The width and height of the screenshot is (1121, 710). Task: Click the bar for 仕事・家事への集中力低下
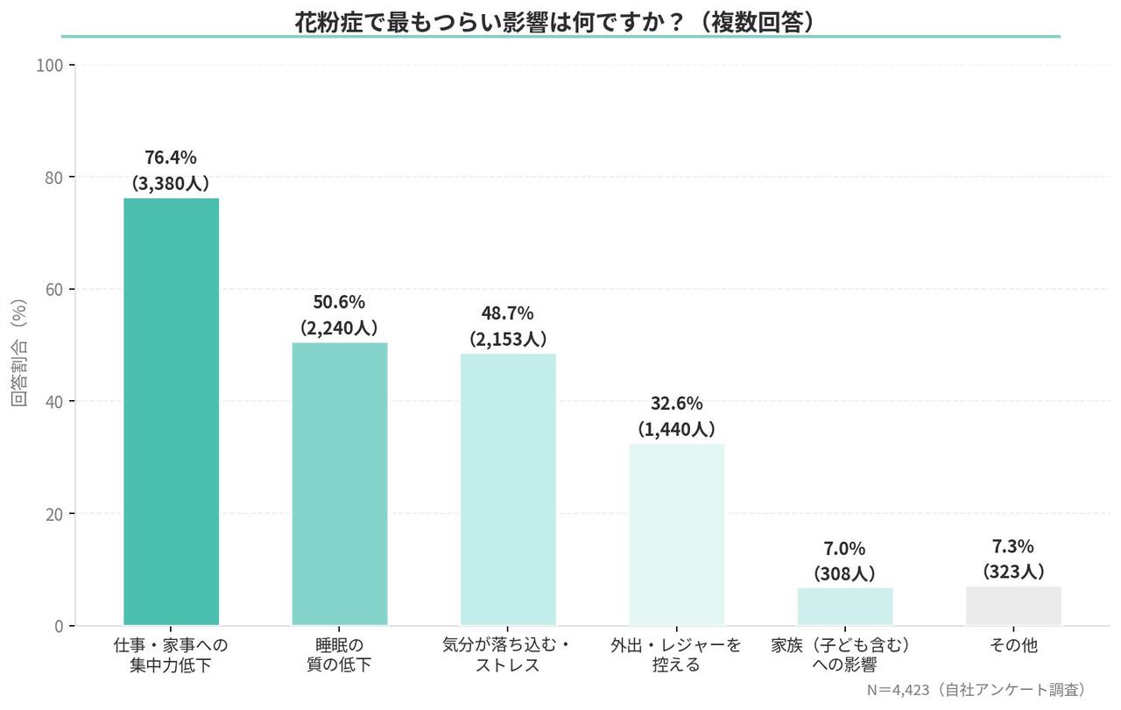(x=171, y=411)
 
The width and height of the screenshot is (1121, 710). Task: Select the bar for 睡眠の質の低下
(x=340, y=483)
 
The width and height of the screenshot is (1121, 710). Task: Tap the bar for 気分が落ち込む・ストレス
(x=508, y=489)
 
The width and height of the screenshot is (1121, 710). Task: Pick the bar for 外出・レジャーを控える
(x=676, y=534)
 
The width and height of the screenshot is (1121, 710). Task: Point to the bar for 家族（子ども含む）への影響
(x=845, y=606)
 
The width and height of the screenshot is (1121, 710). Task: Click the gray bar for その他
(x=1013, y=606)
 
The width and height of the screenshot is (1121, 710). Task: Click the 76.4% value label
(x=171, y=158)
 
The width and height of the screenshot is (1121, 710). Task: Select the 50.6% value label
(x=339, y=302)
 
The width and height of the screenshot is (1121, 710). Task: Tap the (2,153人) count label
(x=508, y=339)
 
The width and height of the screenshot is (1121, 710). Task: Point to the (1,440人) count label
(x=676, y=429)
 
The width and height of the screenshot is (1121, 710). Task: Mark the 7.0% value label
(x=844, y=549)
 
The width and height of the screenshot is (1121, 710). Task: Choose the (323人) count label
(x=1013, y=572)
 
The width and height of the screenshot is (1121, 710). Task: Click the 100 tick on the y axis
(x=50, y=66)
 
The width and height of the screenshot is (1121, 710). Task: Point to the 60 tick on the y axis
(x=54, y=290)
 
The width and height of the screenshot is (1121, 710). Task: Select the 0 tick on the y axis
(x=59, y=626)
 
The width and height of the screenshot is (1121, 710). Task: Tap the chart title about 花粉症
(x=560, y=19)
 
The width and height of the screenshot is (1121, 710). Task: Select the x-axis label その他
(x=1013, y=646)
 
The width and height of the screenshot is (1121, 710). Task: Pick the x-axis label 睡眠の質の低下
(x=340, y=656)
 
